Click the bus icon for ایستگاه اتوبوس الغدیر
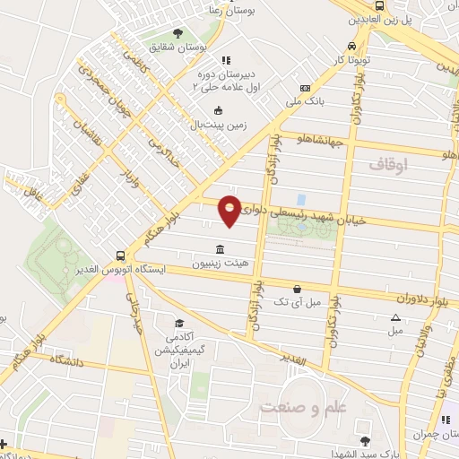[121, 255]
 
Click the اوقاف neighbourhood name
[387, 164]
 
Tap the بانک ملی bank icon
[307, 88]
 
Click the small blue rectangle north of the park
[300, 198]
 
